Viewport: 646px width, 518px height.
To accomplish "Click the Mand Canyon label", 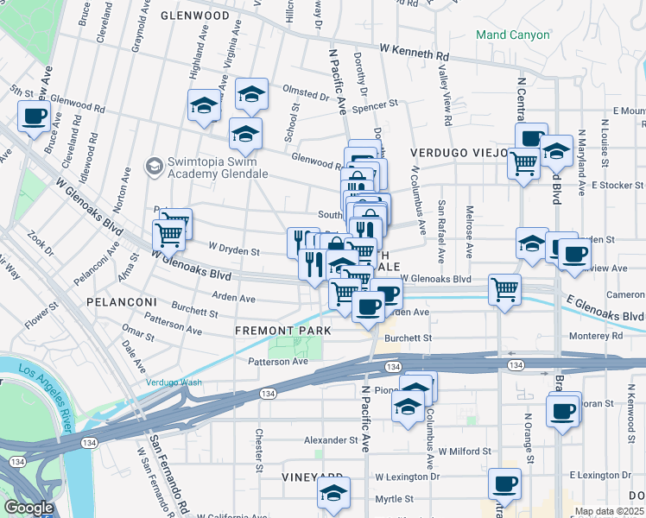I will point(512,35).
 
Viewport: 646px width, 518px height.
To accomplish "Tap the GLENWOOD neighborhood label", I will point(195,16).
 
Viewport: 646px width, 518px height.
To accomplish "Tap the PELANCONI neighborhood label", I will point(120,302).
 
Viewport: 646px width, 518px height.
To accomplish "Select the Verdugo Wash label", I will point(173,382).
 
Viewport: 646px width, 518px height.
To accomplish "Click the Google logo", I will point(28,508).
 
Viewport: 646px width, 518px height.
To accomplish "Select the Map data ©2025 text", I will point(610,511).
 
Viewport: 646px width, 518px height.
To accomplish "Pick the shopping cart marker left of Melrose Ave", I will point(504,289).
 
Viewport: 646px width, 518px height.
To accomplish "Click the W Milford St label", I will point(464,451).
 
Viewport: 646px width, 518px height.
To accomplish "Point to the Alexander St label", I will point(331,439).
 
